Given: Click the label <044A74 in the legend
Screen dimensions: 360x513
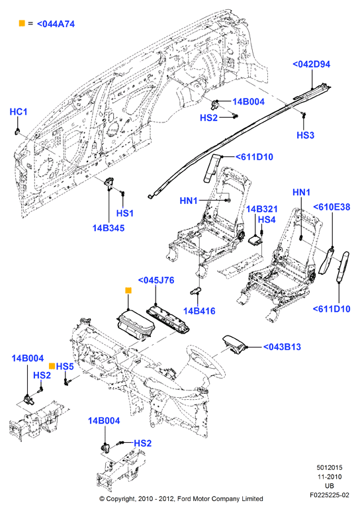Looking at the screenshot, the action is [x=56, y=24].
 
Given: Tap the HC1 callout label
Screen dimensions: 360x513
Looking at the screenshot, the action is [x=19, y=112].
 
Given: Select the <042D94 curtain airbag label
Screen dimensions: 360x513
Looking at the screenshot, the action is [x=311, y=64].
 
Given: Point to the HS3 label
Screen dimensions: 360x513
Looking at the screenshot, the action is [x=305, y=135].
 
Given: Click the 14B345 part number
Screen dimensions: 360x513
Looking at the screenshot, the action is [x=109, y=228].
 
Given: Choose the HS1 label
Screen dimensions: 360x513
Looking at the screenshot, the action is [x=125, y=213].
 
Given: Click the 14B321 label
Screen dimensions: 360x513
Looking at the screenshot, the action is [x=261, y=209].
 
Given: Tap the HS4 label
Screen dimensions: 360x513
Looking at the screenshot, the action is [x=267, y=220].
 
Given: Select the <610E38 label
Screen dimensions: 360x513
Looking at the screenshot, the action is [x=332, y=207].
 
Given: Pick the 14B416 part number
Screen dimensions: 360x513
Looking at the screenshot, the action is [x=199, y=311].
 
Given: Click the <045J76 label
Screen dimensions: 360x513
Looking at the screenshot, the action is [x=156, y=281].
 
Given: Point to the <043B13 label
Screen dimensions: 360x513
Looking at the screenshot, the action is [x=282, y=347].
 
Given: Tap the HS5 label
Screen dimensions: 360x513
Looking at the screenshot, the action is [x=65, y=367].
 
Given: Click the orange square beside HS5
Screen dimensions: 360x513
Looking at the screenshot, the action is [x=52, y=366].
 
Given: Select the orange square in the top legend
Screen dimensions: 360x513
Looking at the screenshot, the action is [x=22, y=23].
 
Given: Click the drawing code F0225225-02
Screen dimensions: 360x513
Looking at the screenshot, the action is [x=330, y=495].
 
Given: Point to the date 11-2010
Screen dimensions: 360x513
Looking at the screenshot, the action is [x=330, y=477].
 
